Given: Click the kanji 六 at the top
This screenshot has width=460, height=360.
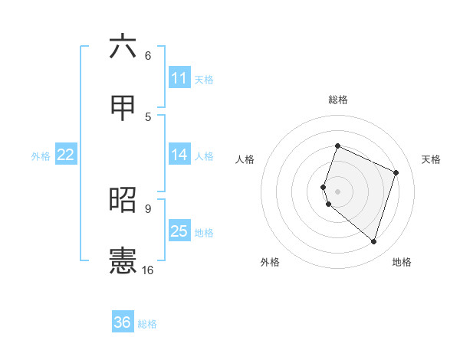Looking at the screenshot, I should [123, 47].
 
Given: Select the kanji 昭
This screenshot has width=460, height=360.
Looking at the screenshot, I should [123, 200].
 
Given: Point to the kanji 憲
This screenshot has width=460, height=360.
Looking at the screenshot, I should [123, 260].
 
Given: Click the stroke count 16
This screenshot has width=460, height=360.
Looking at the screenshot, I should [148, 270].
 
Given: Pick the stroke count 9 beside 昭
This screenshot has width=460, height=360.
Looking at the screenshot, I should [148, 208].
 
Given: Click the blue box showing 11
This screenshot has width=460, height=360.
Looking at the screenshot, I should [179, 78].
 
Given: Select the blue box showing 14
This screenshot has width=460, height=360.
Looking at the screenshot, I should [179, 155].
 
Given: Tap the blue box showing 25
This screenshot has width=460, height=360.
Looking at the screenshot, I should [179, 231].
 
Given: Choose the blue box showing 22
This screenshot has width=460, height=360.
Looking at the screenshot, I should [66, 155].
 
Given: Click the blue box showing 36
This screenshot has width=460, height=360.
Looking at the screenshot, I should [123, 322].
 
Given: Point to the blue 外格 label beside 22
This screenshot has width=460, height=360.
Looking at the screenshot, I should [41, 156].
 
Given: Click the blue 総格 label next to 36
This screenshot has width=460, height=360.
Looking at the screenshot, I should [147, 324].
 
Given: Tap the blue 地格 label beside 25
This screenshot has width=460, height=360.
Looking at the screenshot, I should [204, 233].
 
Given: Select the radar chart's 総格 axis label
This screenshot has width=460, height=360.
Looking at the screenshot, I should [337, 100].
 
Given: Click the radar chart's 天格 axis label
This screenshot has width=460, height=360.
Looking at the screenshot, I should [431, 159].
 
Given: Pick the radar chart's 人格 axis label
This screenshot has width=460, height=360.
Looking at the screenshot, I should [245, 159].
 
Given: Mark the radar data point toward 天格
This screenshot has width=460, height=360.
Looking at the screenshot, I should [396, 172].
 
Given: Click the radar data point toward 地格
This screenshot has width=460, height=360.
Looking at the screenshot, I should [373, 241].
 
